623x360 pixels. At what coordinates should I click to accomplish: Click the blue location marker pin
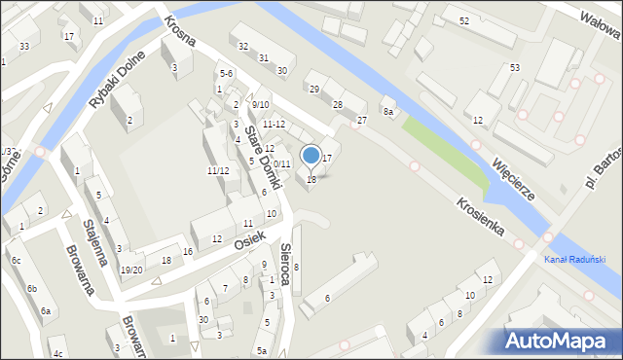(x=311, y=156)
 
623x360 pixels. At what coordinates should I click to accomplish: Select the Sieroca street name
(x=285, y=263)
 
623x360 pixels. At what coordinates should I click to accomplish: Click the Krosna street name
(x=180, y=30)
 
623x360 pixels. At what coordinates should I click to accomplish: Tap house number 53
(x=514, y=67)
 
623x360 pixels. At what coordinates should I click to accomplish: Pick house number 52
(x=463, y=20)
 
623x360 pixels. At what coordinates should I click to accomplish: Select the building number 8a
(x=387, y=112)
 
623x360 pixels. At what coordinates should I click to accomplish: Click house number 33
(x=23, y=47)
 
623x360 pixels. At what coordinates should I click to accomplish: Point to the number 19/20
(x=130, y=270)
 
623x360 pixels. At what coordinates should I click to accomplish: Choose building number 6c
(x=16, y=261)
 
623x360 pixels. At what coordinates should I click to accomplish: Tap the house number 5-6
(x=226, y=73)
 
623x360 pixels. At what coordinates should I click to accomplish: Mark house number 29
(x=313, y=89)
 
